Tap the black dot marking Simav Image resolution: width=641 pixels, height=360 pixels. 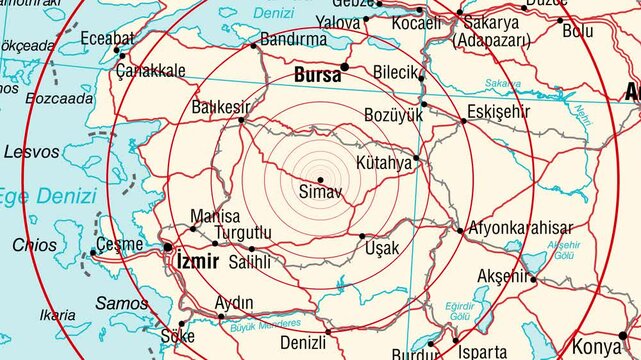tap(320, 179)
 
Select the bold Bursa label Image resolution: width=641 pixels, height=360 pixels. tap(317, 74)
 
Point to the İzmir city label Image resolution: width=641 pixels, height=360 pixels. tap(195, 261)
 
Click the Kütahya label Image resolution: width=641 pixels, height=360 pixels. tap(383, 161)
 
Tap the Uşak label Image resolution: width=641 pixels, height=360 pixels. tap(383, 248)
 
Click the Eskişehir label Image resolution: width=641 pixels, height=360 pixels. tap(498, 111)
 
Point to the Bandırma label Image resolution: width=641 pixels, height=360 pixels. tap(293, 39)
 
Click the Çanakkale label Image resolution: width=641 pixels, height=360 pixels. tap(150, 71)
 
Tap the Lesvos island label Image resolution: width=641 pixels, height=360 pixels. tap(32, 152)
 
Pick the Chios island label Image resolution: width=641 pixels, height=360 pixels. tap(34, 244)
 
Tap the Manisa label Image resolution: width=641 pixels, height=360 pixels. tap(215, 216)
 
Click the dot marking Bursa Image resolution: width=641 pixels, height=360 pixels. tap(344, 66)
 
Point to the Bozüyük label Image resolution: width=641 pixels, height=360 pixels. tap(395, 115)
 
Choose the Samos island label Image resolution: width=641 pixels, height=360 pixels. tap(122, 302)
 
